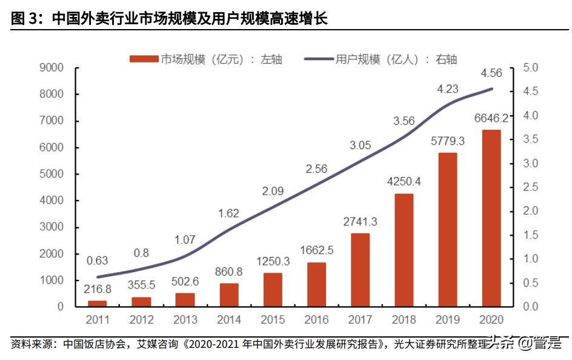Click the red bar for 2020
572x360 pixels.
tap(491, 218)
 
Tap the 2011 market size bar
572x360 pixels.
tap(97, 303)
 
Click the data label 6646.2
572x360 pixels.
tap(491, 117)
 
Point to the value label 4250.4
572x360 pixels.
tap(404, 181)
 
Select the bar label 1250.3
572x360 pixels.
tap(272, 261)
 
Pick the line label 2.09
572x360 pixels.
tap(273, 191)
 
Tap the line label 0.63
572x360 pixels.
tap(97, 261)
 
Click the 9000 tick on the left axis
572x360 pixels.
tap(52, 68)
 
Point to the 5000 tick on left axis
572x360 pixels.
tap(52, 174)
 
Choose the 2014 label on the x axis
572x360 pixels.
tap(228, 319)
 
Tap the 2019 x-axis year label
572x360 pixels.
tap(448, 319)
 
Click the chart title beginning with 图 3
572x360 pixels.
tap(169, 19)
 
